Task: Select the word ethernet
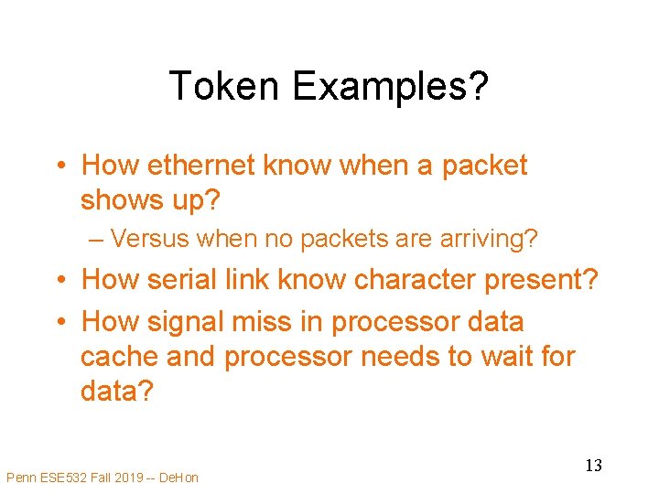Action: point(202,166)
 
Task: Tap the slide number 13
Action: point(593,466)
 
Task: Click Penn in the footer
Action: point(21,477)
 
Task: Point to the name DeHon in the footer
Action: point(178,477)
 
